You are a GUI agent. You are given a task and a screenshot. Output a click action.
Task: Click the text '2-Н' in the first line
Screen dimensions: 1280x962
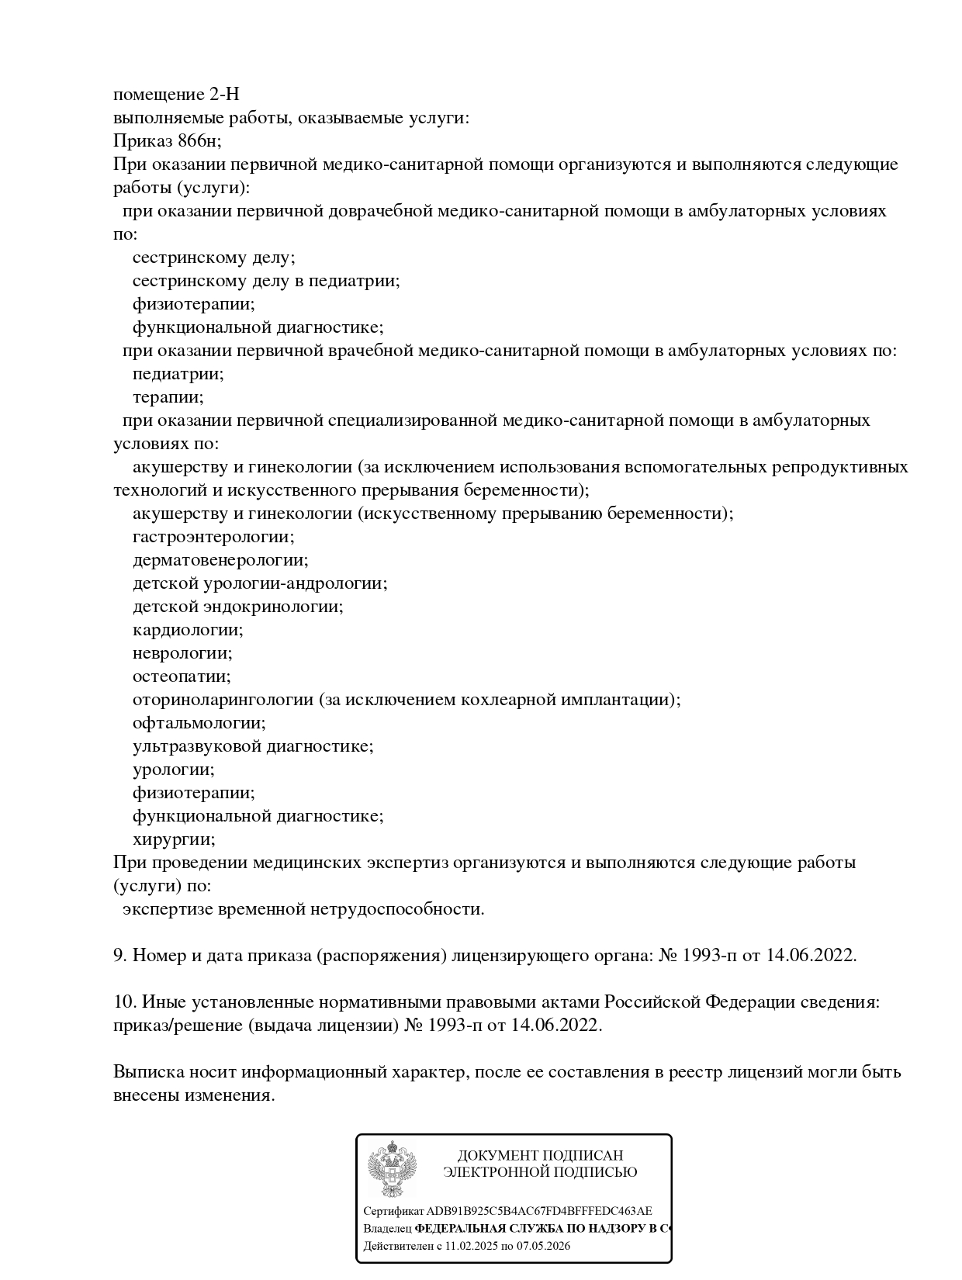point(224,95)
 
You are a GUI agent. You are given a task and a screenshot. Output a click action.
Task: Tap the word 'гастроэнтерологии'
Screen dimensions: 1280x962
point(213,537)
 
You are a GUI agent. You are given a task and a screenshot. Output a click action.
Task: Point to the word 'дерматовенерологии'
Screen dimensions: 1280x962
point(220,560)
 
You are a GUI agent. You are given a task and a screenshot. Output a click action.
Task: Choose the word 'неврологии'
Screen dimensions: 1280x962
point(182,653)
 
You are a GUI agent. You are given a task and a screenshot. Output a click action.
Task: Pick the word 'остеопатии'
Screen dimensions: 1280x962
point(182,676)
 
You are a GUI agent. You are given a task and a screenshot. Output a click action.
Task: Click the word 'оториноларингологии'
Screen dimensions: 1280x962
point(223,700)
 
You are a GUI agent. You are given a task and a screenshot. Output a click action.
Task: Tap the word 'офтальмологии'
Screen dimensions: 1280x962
point(199,723)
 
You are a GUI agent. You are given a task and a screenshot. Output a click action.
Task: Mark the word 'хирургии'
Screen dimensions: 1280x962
point(174,839)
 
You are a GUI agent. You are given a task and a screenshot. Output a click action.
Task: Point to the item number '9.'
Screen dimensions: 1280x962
point(120,956)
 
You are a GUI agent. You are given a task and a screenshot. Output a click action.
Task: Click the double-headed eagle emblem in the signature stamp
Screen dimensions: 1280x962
point(392,1168)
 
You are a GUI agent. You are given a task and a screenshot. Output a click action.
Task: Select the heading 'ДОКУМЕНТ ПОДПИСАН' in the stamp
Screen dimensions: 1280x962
point(540,1156)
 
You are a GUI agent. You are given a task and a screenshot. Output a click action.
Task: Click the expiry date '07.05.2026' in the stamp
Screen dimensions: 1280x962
point(542,1246)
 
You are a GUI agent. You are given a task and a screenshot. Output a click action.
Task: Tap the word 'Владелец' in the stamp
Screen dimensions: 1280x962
point(387,1229)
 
